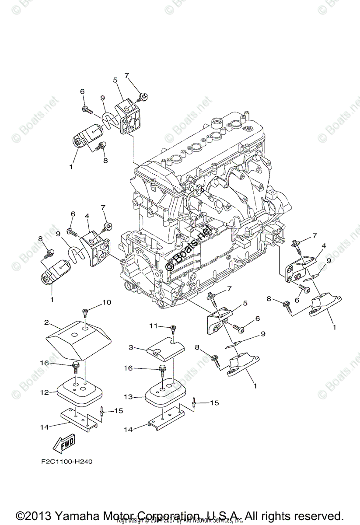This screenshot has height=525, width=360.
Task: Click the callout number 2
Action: point(46,323)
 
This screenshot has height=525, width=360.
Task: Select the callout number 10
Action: point(107,303)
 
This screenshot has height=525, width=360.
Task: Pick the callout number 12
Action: point(45,393)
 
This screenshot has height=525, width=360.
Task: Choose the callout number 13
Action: point(128,397)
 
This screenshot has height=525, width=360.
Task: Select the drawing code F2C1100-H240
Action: point(64,461)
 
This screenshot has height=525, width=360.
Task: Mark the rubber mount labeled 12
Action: point(80,391)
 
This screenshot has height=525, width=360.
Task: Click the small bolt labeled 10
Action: point(86,312)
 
